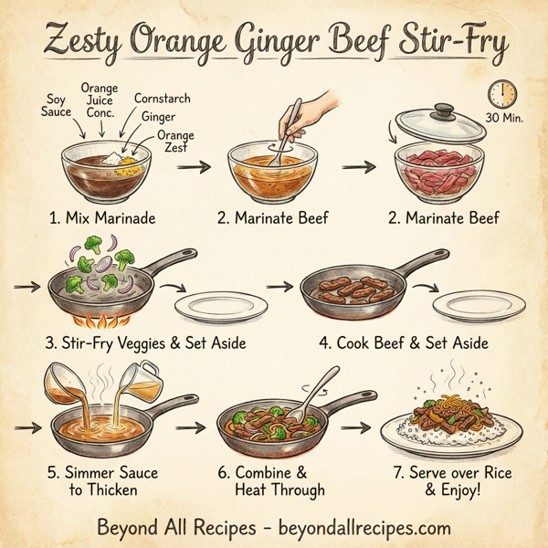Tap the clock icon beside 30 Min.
[502, 92]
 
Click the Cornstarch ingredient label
[163, 97]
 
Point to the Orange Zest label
[174, 142]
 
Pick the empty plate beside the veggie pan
[207, 306]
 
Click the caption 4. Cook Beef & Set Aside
[404, 343]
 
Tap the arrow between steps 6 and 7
[362, 427]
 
